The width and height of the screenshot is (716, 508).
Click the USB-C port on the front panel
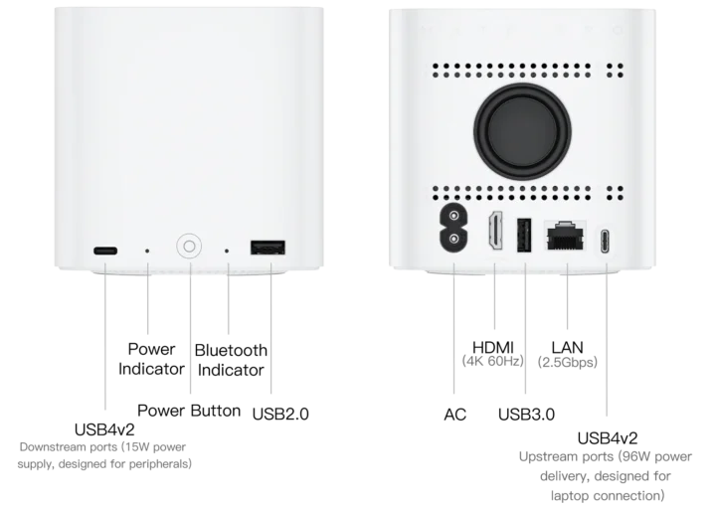[x=105, y=251]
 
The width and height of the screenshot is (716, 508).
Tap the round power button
[x=189, y=247]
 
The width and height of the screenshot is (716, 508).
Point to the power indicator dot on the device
[x=147, y=251]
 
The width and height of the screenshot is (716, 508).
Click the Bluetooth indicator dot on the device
[x=227, y=251]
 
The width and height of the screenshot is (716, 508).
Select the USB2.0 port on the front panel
[x=268, y=248]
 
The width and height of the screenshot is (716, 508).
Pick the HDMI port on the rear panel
[x=495, y=231]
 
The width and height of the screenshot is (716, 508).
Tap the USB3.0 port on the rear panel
[x=524, y=235]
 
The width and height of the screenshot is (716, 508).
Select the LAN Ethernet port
[x=566, y=236]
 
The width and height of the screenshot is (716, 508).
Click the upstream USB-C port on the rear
[x=605, y=241]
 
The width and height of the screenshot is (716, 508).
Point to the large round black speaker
[x=522, y=131]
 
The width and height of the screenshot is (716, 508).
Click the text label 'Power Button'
[x=189, y=411]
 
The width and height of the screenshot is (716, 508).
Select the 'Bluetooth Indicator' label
[x=231, y=360]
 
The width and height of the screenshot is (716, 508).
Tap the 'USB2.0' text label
[x=280, y=414]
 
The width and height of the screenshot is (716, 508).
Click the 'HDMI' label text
[x=493, y=347]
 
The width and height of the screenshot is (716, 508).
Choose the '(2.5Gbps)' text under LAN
[x=568, y=363]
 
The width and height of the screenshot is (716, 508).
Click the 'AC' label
[x=455, y=415]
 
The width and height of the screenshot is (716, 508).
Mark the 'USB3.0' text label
[x=526, y=415]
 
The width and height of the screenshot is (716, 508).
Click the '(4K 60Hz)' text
[x=492, y=362]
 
